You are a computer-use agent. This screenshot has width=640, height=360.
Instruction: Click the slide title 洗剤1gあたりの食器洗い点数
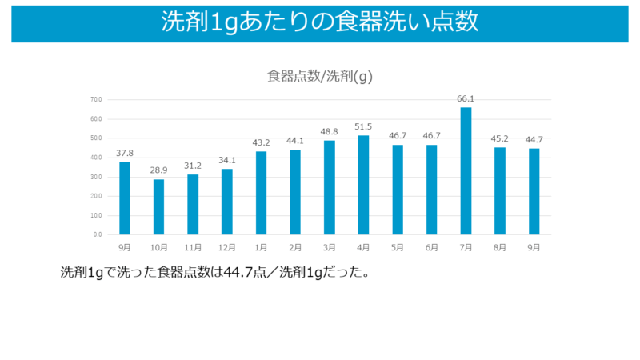click(319, 22)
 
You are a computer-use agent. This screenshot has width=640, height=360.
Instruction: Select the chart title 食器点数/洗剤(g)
click(320, 77)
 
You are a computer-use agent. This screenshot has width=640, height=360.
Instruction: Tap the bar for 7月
click(466, 170)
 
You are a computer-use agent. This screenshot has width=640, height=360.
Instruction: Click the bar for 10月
click(158, 206)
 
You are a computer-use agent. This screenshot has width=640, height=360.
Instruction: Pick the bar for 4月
click(363, 185)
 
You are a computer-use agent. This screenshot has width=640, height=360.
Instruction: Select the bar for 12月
click(227, 202)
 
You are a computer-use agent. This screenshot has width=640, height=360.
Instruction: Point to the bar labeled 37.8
click(125, 198)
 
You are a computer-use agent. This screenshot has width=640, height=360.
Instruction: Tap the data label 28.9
click(158, 171)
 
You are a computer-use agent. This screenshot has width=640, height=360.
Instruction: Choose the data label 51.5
click(363, 127)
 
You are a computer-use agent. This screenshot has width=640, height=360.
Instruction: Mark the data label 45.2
click(500, 139)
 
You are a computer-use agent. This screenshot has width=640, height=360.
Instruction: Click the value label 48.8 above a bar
click(330, 132)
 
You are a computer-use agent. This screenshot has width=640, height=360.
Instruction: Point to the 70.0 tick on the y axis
click(96, 100)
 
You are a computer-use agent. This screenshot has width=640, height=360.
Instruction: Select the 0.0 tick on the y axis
click(98, 234)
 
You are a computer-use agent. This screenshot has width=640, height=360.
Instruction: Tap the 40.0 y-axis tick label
click(96, 158)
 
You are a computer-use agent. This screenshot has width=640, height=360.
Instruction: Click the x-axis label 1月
click(261, 248)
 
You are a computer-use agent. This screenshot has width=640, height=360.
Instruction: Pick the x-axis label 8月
click(500, 248)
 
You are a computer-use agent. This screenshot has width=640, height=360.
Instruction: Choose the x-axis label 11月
click(193, 248)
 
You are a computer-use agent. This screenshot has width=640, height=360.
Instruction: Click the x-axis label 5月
click(398, 248)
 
